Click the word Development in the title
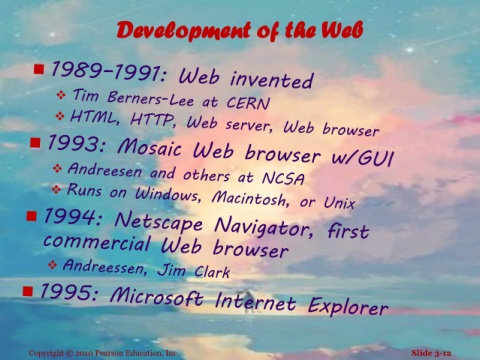point(183,31)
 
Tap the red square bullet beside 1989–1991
point(39,69)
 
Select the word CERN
point(248,103)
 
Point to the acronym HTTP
point(153,120)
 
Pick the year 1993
point(77,144)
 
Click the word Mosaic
point(150,147)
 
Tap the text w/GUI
point(362,158)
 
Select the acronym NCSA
point(283,178)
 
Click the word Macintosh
point(250,198)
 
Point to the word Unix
point(339,202)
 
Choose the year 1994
point(72,216)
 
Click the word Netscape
point(158,222)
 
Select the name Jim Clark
point(194,271)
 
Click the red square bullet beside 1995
point(28,291)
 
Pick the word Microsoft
point(156,296)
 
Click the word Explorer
point(348,305)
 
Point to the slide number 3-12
point(441,353)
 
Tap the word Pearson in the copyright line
point(109,353)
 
